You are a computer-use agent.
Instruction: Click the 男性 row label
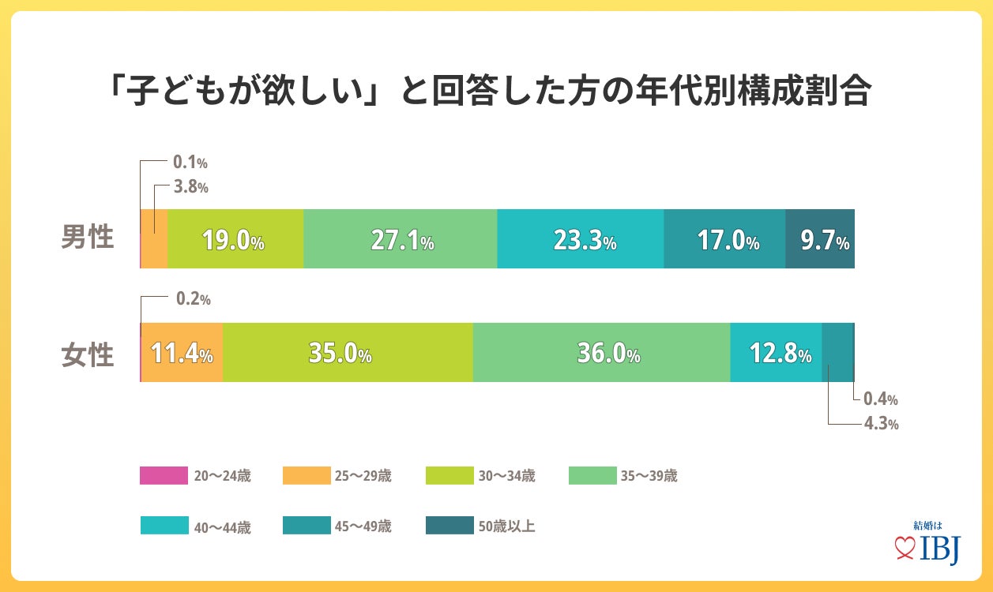point(88,238)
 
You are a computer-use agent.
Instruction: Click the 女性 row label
point(88,354)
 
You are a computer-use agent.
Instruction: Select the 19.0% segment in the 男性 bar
point(235,239)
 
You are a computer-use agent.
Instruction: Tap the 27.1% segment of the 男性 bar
point(401,239)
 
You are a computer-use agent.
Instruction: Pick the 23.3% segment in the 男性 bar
point(581,239)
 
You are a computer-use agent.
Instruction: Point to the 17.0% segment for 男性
point(724,239)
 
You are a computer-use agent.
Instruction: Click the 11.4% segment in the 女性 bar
point(182,353)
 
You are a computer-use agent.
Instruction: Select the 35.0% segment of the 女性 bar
point(348,353)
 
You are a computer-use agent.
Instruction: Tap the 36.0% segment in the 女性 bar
point(602,353)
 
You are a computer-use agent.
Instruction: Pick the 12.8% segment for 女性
point(777,353)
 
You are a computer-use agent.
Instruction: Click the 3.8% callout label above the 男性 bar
point(190,187)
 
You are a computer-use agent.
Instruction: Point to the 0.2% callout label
point(193,299)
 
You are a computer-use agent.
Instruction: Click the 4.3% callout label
point(881,423)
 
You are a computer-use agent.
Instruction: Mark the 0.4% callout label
point(881,399)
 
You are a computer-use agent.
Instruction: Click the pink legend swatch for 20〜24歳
point(164,475)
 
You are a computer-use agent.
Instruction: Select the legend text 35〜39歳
point(649,475)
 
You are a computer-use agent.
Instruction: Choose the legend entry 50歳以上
point(506,526)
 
